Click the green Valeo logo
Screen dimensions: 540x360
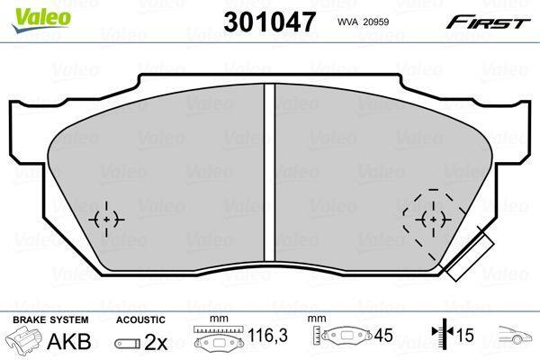(40, 21)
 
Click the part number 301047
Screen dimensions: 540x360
(270, 22)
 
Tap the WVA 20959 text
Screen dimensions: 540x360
(363, 22)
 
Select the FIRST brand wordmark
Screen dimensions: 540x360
(488, 22)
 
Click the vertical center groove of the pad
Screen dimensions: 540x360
(270, 172)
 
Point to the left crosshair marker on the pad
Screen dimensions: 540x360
(106, 219)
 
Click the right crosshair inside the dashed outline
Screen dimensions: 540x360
(433, 219)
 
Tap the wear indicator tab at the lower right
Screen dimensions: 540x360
(470, 256)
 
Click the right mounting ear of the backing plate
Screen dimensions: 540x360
(512, 131)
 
